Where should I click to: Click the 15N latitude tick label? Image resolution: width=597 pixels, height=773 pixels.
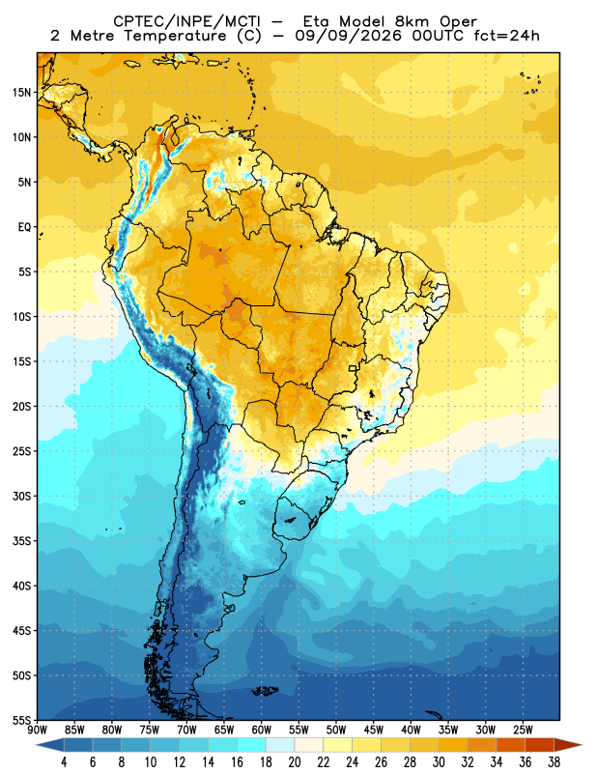[x=21, y=93]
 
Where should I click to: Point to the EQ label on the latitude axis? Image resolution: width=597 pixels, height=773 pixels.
[x=24, y=227]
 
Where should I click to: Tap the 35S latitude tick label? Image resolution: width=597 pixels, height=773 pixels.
[x=21, y=541]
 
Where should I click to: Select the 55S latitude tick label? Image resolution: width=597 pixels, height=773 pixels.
[x=21, y=721]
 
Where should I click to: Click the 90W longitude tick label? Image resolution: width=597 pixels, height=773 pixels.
[x=37, y=730]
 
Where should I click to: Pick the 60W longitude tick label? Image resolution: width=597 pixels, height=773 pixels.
[x=261, y=730]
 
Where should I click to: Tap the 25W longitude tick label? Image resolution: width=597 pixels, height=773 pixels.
[x=523, y=730]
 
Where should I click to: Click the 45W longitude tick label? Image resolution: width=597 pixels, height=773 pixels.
[x=373, y=730]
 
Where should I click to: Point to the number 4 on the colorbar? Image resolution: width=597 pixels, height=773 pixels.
[x=64, y=762]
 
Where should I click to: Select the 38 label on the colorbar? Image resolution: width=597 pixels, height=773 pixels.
[x=554, y=762]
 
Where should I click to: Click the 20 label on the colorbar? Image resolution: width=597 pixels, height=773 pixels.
[x=295, y=762]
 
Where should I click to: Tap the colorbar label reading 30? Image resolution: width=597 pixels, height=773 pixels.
[x=439, y=762]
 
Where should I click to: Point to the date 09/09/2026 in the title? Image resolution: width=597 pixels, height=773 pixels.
[x=349, y=36]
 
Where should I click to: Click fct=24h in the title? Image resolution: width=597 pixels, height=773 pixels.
[x=506, y=36]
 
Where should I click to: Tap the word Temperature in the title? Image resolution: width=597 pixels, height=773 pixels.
[x=175, y=36]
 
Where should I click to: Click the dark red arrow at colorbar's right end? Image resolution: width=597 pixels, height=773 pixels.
[x=568, y=745]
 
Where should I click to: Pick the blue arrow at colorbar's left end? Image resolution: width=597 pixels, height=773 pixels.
[x=50, y=745]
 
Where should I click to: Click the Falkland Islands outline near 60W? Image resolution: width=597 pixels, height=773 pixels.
[x=266, y=691]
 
